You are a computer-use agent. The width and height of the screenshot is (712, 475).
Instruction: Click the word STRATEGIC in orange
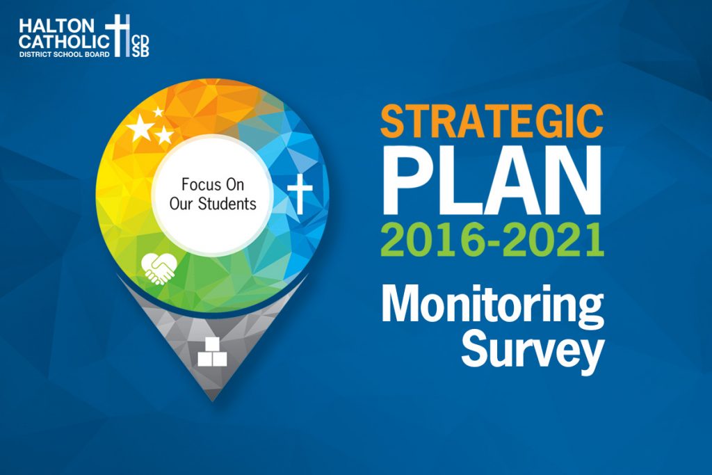(492, 121)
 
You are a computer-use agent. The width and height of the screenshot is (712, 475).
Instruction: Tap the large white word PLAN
(492, 180)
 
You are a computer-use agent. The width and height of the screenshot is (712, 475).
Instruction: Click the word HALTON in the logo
(56, 26)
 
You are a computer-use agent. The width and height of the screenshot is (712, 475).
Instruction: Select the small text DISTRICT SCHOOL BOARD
(64, 54)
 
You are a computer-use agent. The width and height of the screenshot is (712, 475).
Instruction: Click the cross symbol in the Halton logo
(118, 35)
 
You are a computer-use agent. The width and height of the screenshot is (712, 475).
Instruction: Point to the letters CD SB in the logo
(140, 46)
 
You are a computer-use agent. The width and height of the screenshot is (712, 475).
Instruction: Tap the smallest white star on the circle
(158, 112)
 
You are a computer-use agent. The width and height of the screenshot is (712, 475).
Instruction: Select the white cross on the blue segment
(300, 193)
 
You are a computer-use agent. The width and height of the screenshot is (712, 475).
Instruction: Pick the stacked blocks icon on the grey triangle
(212, 352)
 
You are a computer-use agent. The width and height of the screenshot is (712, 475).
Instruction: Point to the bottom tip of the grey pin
(213, 401)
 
